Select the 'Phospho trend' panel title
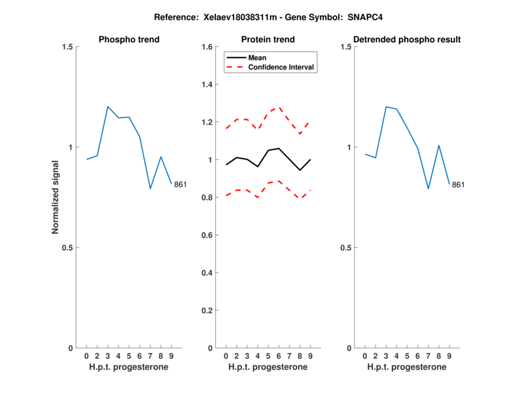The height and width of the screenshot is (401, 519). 128,40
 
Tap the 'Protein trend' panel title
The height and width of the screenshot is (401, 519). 268,40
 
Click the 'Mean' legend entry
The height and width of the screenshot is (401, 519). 257,58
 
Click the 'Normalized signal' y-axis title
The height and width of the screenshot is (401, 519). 56,197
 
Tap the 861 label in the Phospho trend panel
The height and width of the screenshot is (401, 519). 180,185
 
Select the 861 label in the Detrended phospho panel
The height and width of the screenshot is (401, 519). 458,185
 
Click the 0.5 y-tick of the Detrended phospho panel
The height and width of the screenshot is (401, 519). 345,248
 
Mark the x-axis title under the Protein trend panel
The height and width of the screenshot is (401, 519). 268,367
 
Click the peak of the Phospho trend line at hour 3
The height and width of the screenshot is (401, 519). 108,106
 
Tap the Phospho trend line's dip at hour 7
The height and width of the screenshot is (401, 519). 150,188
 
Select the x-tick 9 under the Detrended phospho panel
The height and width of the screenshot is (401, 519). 449,356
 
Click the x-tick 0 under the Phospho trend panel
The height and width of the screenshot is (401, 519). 86,356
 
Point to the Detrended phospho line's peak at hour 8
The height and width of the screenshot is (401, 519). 439,145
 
